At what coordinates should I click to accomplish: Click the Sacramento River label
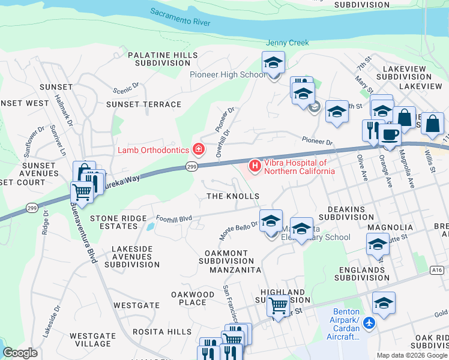pos(180,17)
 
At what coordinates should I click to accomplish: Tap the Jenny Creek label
pos(288,43)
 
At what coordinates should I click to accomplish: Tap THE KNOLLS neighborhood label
pos(233,196)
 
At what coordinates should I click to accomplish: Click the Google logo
pos(20,353)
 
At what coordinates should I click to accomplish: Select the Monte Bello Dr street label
pos(238,230)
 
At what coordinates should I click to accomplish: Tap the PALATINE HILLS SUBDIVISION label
pos(163,59)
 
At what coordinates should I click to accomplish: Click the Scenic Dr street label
pos(127,88)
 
